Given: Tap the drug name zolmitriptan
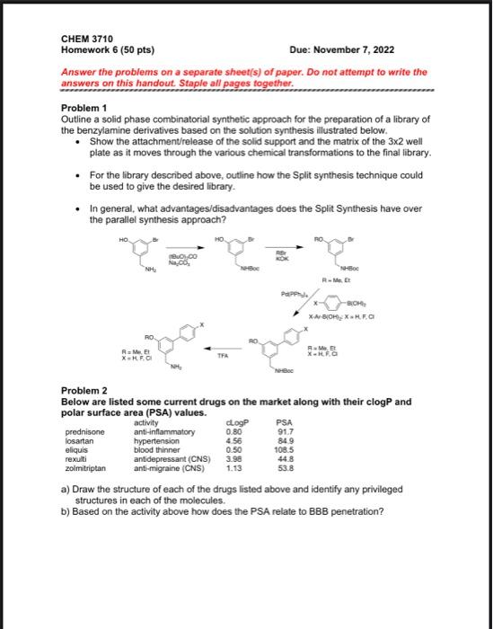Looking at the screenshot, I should tap(87, 468).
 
